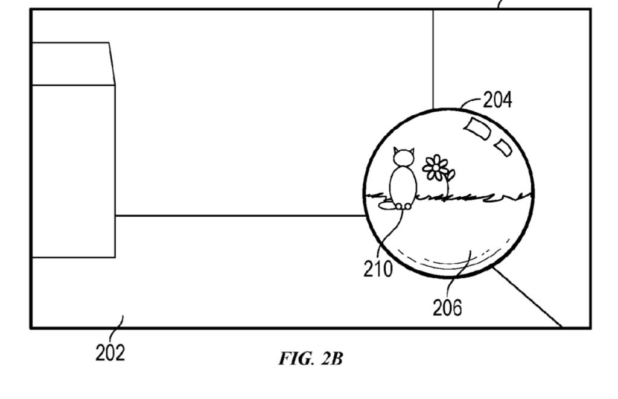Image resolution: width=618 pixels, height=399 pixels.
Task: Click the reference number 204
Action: tap(497, 100)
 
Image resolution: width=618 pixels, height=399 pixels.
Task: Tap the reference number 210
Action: tap(378, 269)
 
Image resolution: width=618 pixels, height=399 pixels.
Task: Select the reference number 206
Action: tap(447, 308)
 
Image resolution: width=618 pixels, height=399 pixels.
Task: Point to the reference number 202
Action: tap(110, 353)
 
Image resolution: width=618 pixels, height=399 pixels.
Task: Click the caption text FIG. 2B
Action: tap(311, 359)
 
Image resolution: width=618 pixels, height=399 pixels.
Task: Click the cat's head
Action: tap(404, 157)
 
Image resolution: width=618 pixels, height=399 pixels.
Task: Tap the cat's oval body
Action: tap(403, 186)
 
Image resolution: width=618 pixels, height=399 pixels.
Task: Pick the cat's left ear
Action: tap(396, 151)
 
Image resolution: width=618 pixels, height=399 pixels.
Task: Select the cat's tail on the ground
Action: tap(387, 205)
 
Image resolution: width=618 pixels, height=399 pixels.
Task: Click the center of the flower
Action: tap(436, 168)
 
